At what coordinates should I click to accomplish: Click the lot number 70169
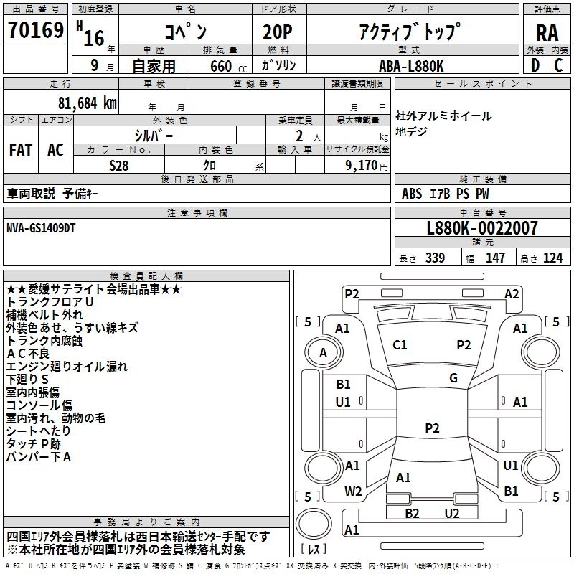36,32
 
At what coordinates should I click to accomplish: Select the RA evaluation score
547,33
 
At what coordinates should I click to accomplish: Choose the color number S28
119,164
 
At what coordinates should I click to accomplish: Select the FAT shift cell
21,150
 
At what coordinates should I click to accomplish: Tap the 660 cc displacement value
221,66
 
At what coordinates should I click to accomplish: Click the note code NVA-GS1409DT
40,228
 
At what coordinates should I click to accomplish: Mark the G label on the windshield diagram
453,378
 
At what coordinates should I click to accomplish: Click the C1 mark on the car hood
400,345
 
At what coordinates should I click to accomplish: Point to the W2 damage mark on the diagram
353,491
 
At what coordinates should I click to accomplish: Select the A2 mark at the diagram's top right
512,293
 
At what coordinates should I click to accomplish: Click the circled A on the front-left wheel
323,352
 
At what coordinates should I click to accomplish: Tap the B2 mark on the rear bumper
413,513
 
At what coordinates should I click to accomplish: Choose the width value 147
495,258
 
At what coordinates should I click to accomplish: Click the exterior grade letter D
535,65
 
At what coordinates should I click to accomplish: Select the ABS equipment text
412,194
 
